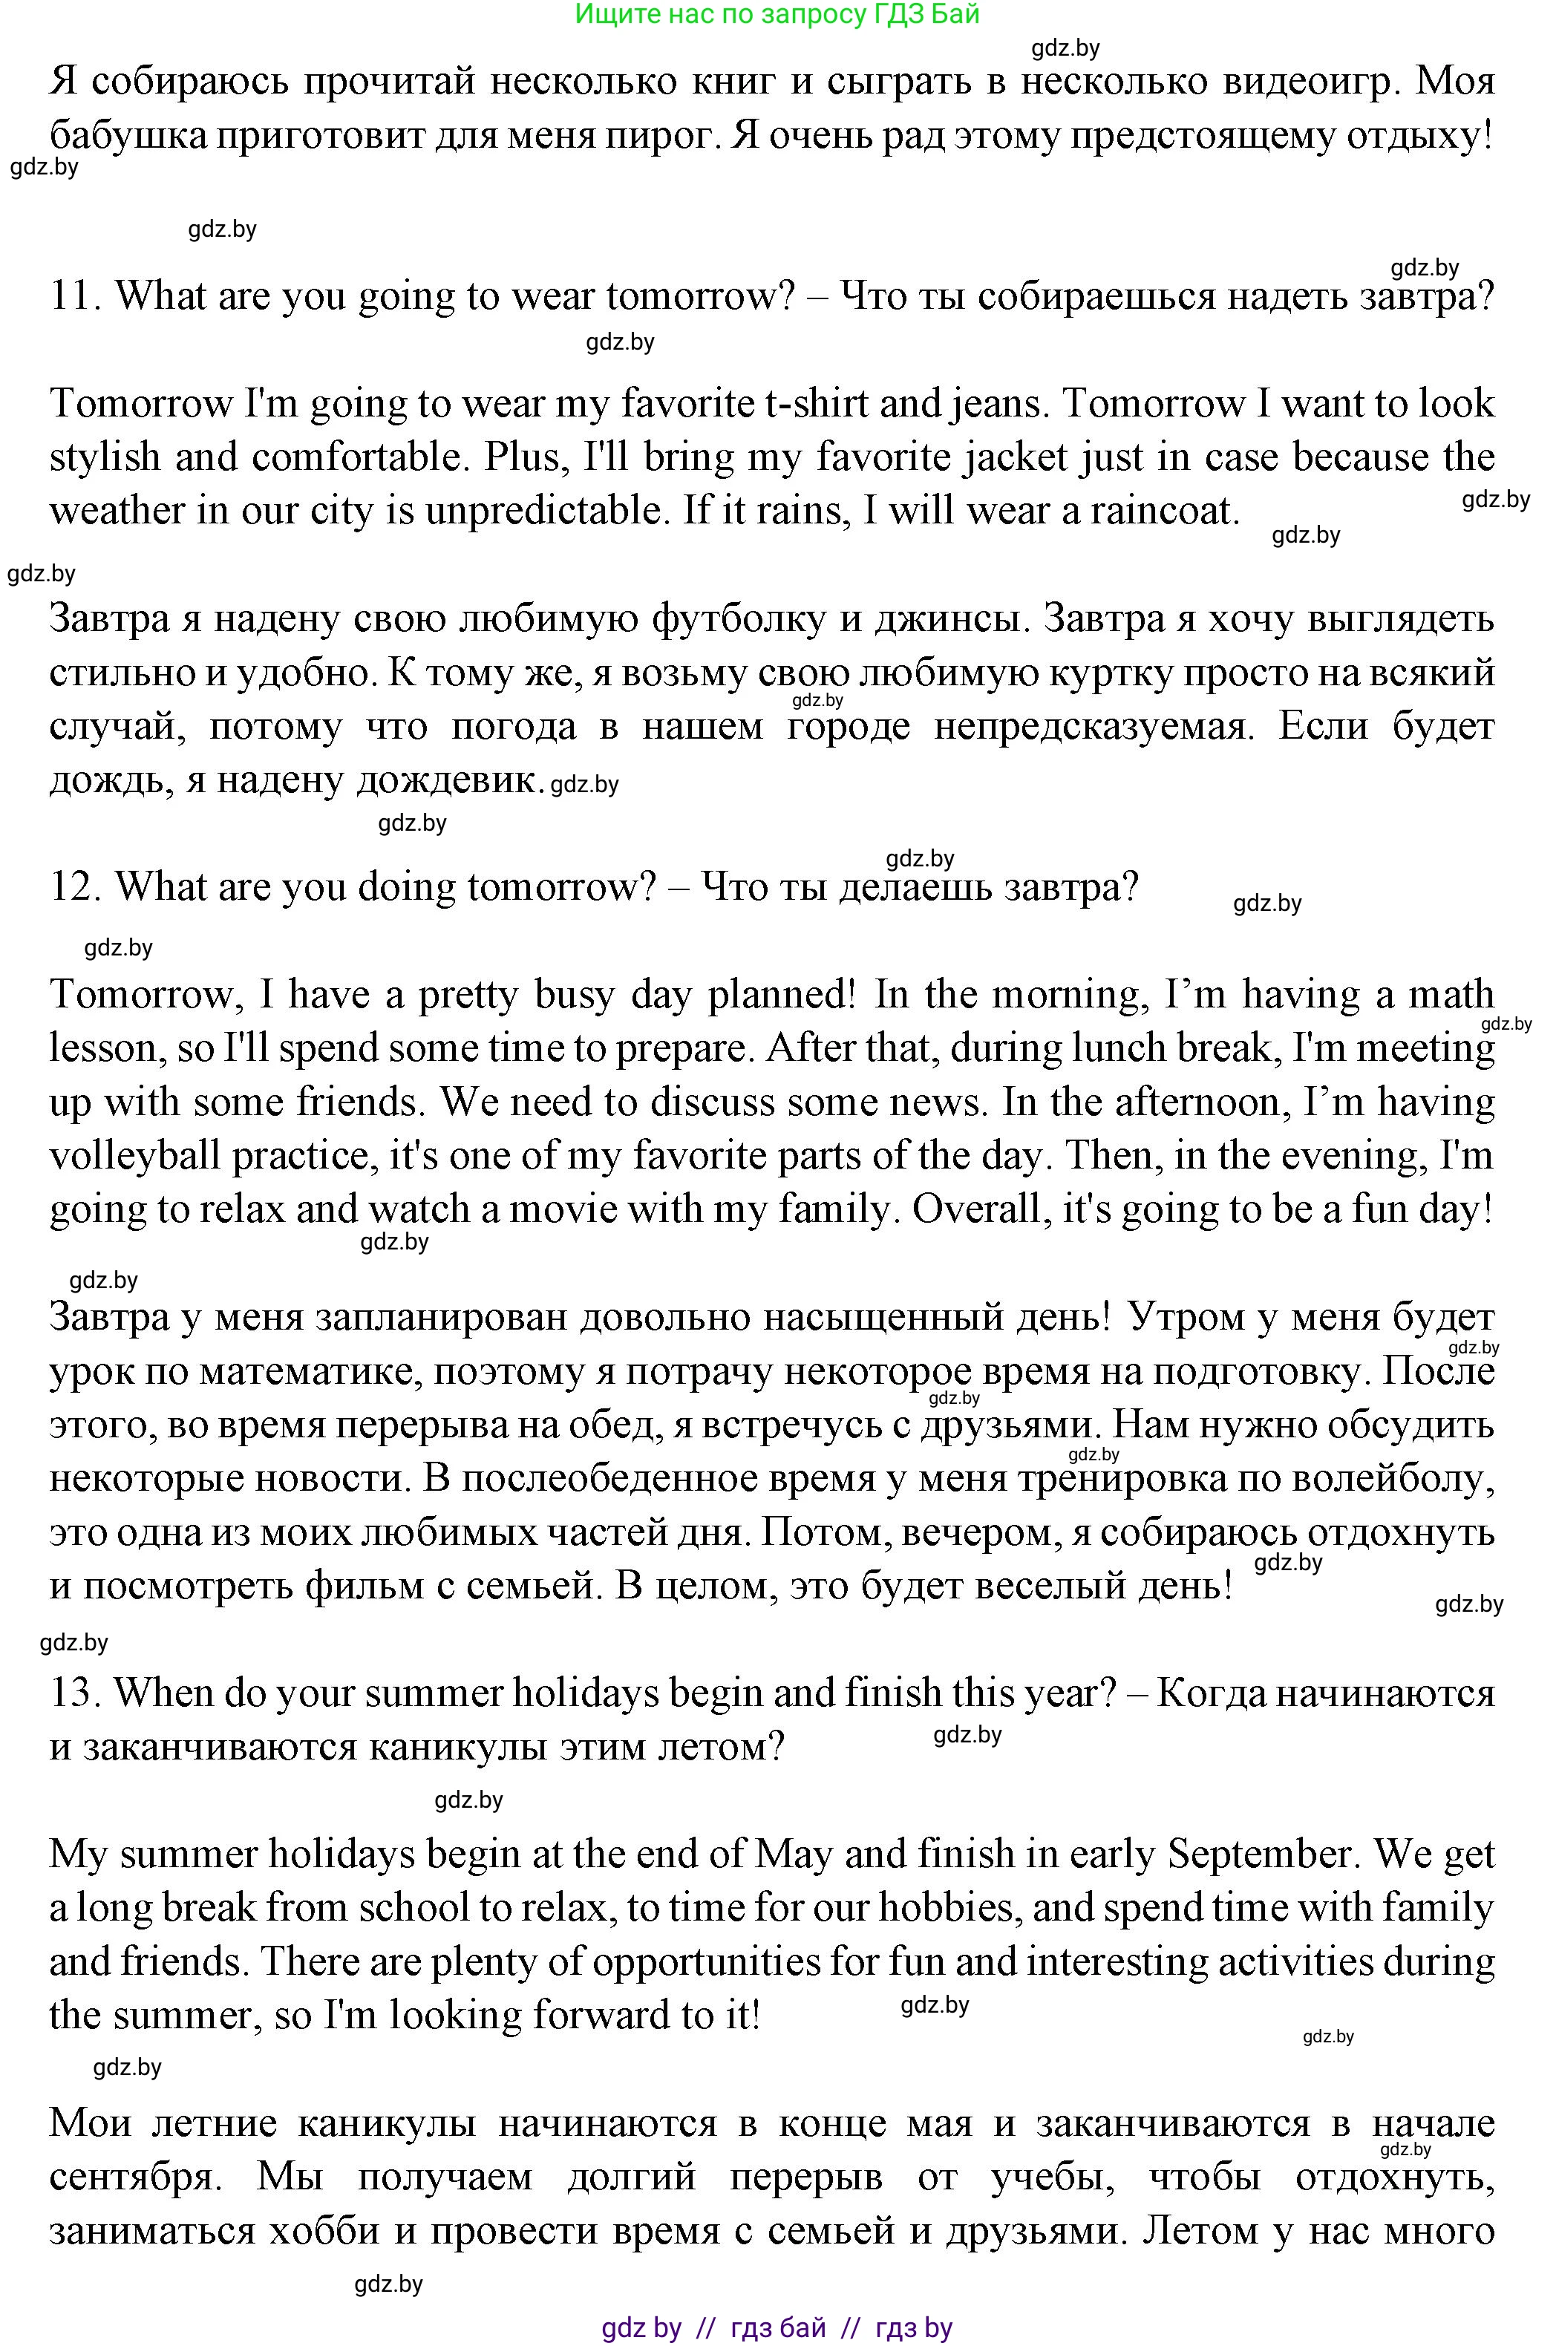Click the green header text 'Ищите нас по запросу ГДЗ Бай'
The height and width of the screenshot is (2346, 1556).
(777, 14)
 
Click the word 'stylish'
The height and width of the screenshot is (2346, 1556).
(104, 457)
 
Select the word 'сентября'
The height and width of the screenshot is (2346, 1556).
(134, 2177)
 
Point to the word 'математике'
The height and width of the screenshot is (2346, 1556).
(307, 1371)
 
